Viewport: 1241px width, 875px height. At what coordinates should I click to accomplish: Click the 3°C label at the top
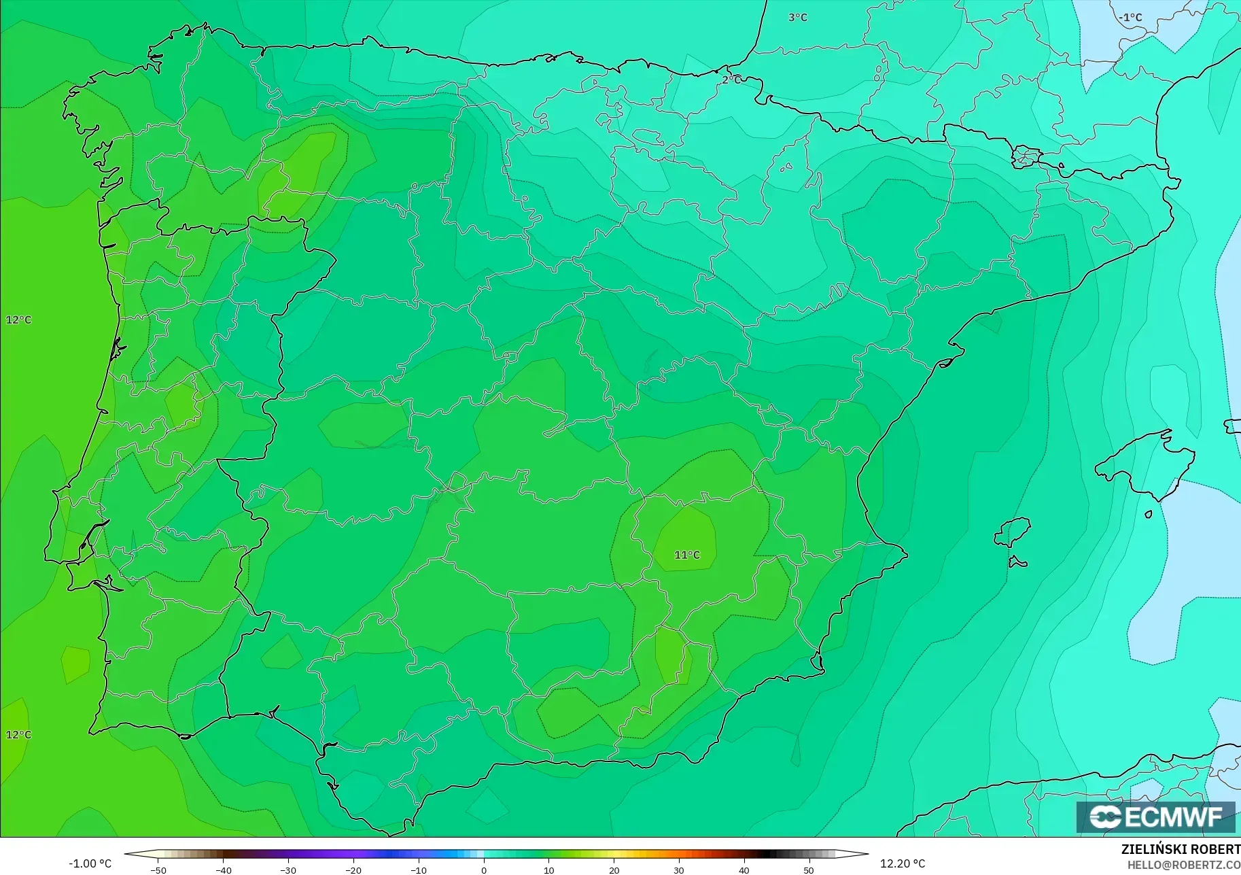(797, 18)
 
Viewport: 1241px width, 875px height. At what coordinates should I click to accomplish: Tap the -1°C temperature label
(1130, 18)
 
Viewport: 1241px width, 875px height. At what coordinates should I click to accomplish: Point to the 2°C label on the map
(731, 80)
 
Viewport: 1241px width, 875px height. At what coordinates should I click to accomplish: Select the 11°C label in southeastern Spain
(686, 555)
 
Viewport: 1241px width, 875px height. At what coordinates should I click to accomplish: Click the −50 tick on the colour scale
(158, 870)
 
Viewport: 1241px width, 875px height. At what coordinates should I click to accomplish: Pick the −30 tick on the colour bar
(288, 870)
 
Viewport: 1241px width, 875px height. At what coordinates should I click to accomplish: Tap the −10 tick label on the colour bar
(419, 870)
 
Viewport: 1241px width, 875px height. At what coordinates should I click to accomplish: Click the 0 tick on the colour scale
(483, 870)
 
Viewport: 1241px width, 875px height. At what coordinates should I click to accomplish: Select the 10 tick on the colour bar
(548, 870)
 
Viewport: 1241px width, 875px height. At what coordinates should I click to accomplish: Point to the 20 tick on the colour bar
(614, 870)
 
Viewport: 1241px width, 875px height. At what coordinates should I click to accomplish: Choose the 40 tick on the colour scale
(744, 870)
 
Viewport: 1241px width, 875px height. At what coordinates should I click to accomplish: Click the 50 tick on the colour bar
(809, 870)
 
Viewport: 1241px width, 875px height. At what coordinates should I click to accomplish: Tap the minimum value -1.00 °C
(90, 863)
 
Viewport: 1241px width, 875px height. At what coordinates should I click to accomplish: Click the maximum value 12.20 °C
(903, 863)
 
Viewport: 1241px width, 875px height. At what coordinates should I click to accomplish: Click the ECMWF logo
(1155, 817)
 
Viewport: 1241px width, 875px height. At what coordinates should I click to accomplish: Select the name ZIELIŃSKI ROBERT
(1181, 850)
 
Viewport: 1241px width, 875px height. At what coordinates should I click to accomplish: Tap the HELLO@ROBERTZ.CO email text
(1183, 865)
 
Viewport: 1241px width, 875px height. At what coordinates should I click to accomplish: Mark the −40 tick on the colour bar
(223, 870)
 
